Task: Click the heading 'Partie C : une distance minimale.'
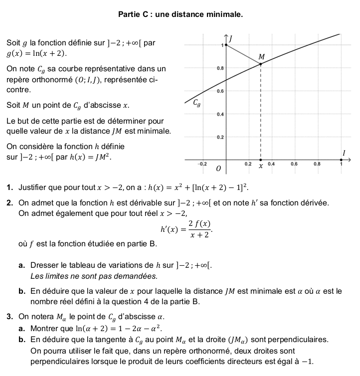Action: point(180,14)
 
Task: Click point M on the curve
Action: point(261,63)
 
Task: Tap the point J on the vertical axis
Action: point(227,45)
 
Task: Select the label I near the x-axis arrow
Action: point(343,152)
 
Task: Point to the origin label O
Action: point(218,170)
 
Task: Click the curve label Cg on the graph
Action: point(198,104)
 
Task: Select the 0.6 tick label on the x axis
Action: point(294,164)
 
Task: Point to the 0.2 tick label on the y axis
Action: point(220,137)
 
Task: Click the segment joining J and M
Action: point(243,54)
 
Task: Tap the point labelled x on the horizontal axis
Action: point(261,161)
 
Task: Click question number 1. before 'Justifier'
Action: point(10,188)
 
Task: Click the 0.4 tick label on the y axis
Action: point(220,114)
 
